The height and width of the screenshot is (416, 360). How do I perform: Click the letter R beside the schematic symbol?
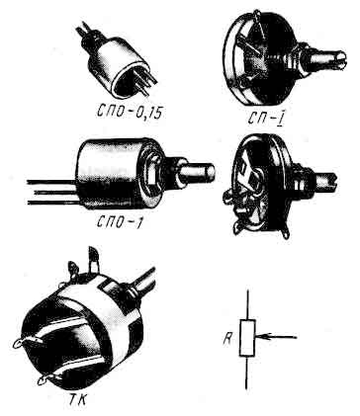227,338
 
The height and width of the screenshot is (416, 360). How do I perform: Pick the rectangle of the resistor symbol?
247,338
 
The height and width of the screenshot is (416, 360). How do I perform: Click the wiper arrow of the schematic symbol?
276,337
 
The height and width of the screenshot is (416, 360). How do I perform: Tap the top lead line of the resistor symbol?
248,304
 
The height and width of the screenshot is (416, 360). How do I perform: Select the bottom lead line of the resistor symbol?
246,373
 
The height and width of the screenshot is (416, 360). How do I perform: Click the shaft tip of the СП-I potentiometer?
340,60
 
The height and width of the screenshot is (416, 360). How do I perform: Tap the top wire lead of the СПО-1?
51,182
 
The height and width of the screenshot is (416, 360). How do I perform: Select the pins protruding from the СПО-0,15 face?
145,81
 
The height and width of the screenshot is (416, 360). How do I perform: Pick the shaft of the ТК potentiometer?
142,281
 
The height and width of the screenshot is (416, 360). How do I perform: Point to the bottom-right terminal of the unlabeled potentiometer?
286,232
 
